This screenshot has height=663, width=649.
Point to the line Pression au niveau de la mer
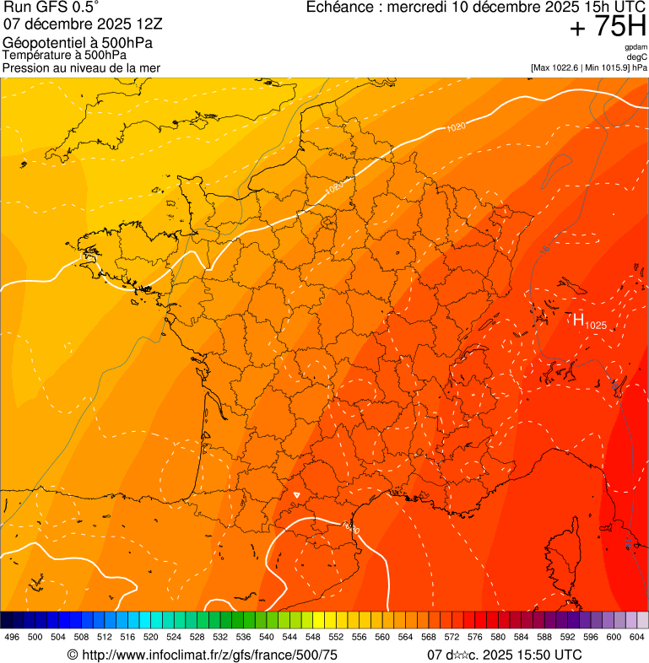[x=81, y=67]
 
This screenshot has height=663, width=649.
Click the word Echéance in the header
[x=340, y=8]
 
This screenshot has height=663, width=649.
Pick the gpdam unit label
[x=635, y=47]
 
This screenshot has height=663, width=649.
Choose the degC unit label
[x=637, y=57]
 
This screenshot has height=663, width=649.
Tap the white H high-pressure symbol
[x=578, y=319]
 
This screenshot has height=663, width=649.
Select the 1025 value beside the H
[x=596, y=325]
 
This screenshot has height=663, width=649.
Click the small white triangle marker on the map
[x=295, y=495]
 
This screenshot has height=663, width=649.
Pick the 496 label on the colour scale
[x=12, y=638]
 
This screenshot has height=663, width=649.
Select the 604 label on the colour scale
[x=637, y=638]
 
